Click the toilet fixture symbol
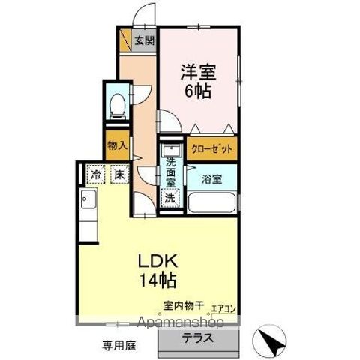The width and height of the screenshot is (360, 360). pyautogui.click(x=117, y=106)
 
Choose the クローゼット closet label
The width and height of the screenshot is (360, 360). pyautogui.click(x=211, y=149)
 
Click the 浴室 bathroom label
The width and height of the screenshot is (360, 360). pyautogui.click(x=211, y=178)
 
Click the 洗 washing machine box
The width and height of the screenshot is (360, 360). pyautogui.click(x=170, y=198)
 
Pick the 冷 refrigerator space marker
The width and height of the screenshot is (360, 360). pyautogui.click(x=97, y=174)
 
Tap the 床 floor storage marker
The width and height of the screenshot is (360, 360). pyautogui.click(x=118, y=174)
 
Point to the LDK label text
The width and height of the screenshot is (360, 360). pyautogui.click(x=156, y=263)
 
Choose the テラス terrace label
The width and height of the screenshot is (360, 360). pyautogui.click(x=197, y=337)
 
